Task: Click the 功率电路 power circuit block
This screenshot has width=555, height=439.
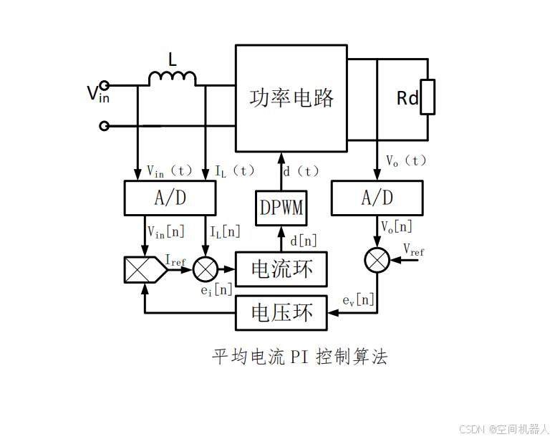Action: [x=291, y=98]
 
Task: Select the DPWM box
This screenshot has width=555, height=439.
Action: [x=281, y=208]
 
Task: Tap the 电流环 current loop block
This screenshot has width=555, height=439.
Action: [x=281, y=269]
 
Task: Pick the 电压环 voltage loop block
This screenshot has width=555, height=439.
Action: [x=281, y=312]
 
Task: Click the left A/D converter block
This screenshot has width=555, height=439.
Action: [x=170, y=198]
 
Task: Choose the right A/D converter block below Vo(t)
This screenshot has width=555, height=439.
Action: [x=377, y=198]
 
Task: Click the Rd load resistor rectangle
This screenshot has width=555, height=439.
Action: [x=428, y=97]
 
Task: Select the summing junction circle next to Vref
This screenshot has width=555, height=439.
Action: [x=377, y=259]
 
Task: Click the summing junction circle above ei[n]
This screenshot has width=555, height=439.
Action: [x=206, y=269]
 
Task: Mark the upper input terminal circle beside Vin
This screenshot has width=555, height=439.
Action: [x=105, y=85]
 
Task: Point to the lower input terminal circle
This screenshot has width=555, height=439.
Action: [x=105, y=126]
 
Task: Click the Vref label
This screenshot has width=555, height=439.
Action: [x=413, y=250]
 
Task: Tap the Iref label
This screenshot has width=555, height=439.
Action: [x=176, y=261]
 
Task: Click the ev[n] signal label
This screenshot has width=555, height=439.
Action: [x=359, y=299]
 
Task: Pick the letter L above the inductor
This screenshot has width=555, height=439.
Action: [x=172, y=60]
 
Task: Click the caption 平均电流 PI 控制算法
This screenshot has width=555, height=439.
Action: [x=300, y=357]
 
